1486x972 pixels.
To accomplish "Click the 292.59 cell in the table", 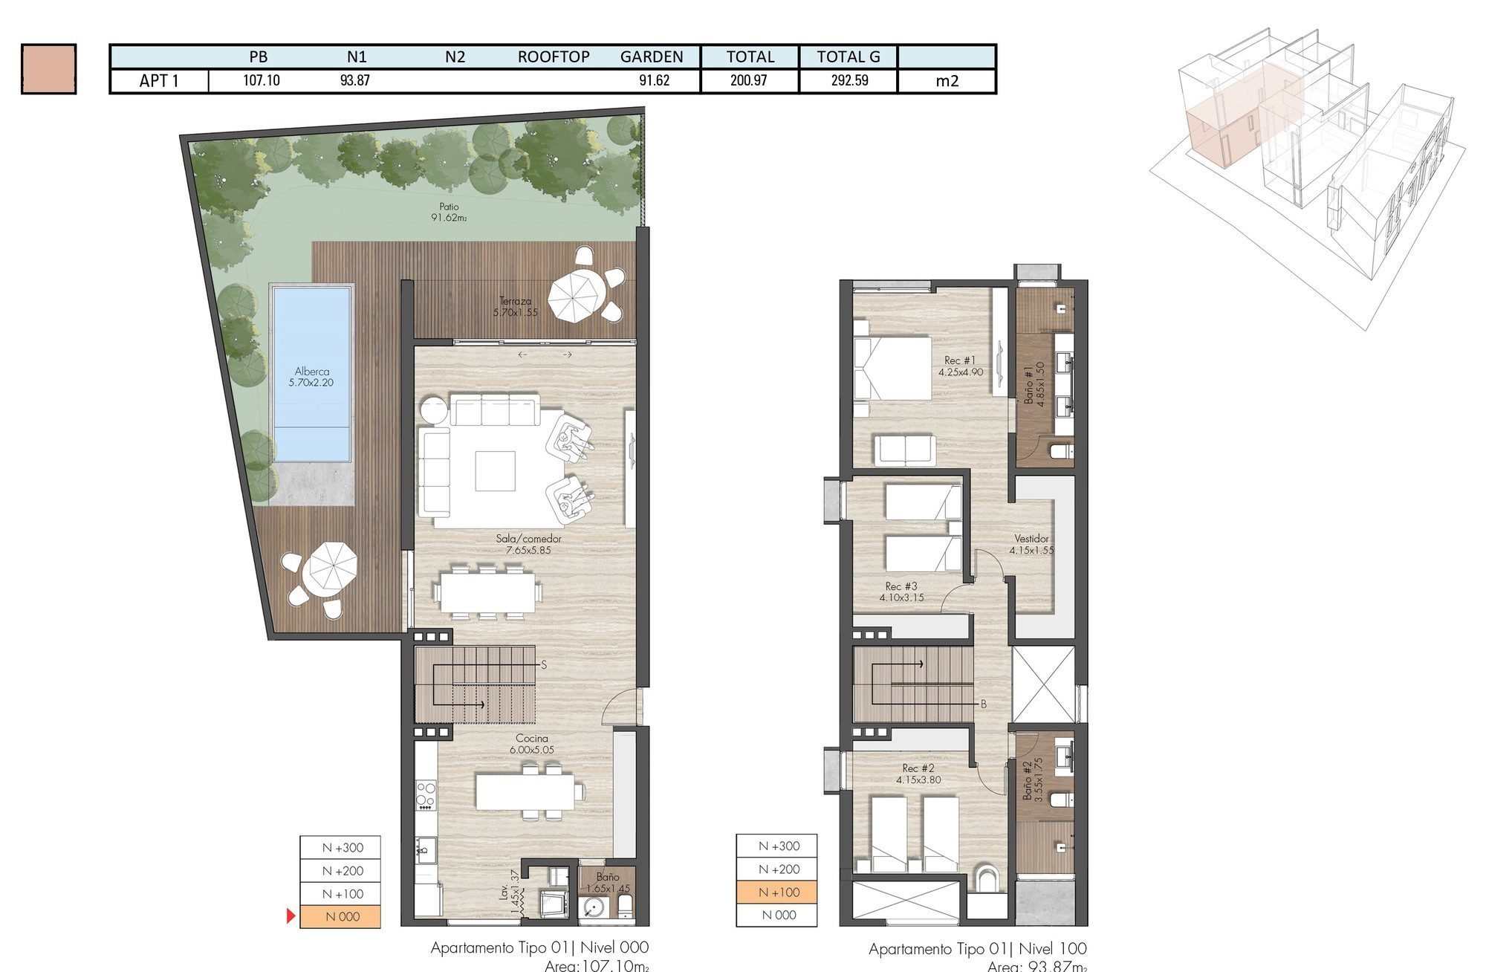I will (849, 80).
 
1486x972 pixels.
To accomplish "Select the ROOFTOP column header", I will (554, 56).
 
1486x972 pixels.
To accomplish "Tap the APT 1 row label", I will (159, 81).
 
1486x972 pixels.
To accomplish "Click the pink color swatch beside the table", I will (49, 69).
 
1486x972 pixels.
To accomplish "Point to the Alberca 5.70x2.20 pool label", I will (311, 377).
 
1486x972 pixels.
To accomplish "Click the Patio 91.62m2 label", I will (449, 212).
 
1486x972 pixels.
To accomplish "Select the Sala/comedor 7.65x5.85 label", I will (528, 544).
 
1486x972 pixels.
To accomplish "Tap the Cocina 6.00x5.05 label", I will (532, 744).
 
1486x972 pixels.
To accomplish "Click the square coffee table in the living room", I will (496, 471).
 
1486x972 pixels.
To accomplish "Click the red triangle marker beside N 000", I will (291, 916).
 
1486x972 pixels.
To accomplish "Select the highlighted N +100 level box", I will (778, 892).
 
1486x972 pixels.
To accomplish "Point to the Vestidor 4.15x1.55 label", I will (1031, 544).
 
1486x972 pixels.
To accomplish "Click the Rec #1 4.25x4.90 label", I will (961, 366).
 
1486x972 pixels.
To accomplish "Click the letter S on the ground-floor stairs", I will (544, 665).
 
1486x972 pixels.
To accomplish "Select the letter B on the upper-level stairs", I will (983, 704).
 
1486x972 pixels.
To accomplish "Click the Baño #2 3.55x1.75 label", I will (1033, 779).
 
